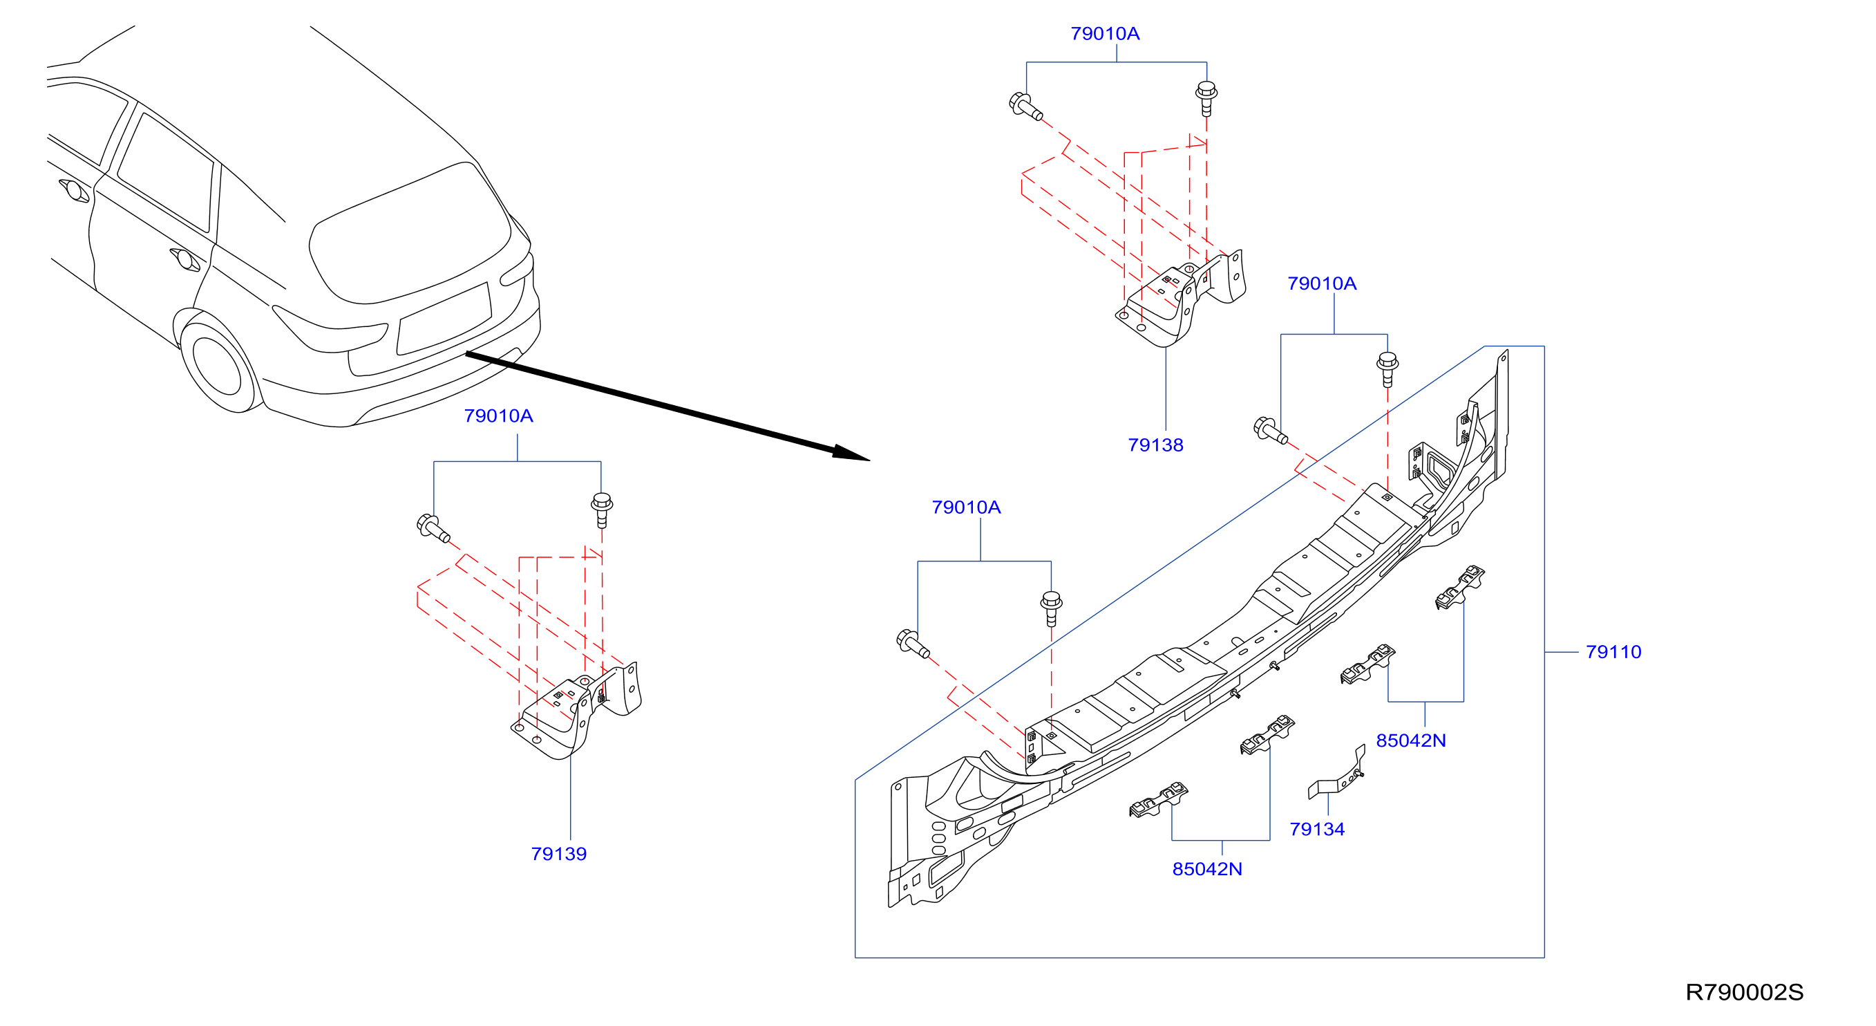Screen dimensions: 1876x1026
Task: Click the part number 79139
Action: tap(558, 854)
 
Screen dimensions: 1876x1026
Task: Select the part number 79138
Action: tap(1156, 445)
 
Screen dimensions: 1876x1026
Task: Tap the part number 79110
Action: tap(1614, 652)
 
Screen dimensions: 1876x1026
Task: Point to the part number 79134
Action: tap(1317, 829)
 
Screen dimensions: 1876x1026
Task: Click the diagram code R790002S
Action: tap(1744, 993)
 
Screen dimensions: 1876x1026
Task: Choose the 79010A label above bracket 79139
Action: tap(499, 416)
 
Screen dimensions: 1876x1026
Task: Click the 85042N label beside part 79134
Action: tap(1207, 869)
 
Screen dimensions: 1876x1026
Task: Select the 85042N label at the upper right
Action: tap(1412, 741)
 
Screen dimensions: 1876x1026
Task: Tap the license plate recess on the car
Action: tap(444, 319)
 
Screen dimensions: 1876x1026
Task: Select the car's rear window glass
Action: tap(409, 233)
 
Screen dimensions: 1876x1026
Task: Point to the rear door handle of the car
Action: tap(185, 259)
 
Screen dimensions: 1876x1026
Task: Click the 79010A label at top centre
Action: tap(1106, 33)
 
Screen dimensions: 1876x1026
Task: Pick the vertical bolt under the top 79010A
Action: tap(1206, 99)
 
